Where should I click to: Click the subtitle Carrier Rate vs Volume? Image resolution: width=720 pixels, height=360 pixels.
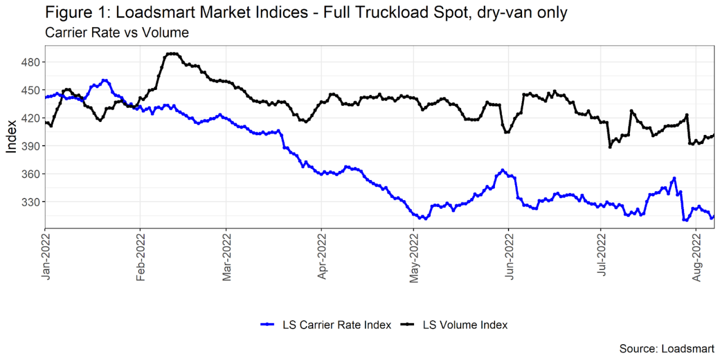tap(116, 33)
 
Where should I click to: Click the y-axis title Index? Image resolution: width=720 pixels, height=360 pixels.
tap(11, 137)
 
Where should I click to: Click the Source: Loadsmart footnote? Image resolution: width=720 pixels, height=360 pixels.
tap(667, 348)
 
